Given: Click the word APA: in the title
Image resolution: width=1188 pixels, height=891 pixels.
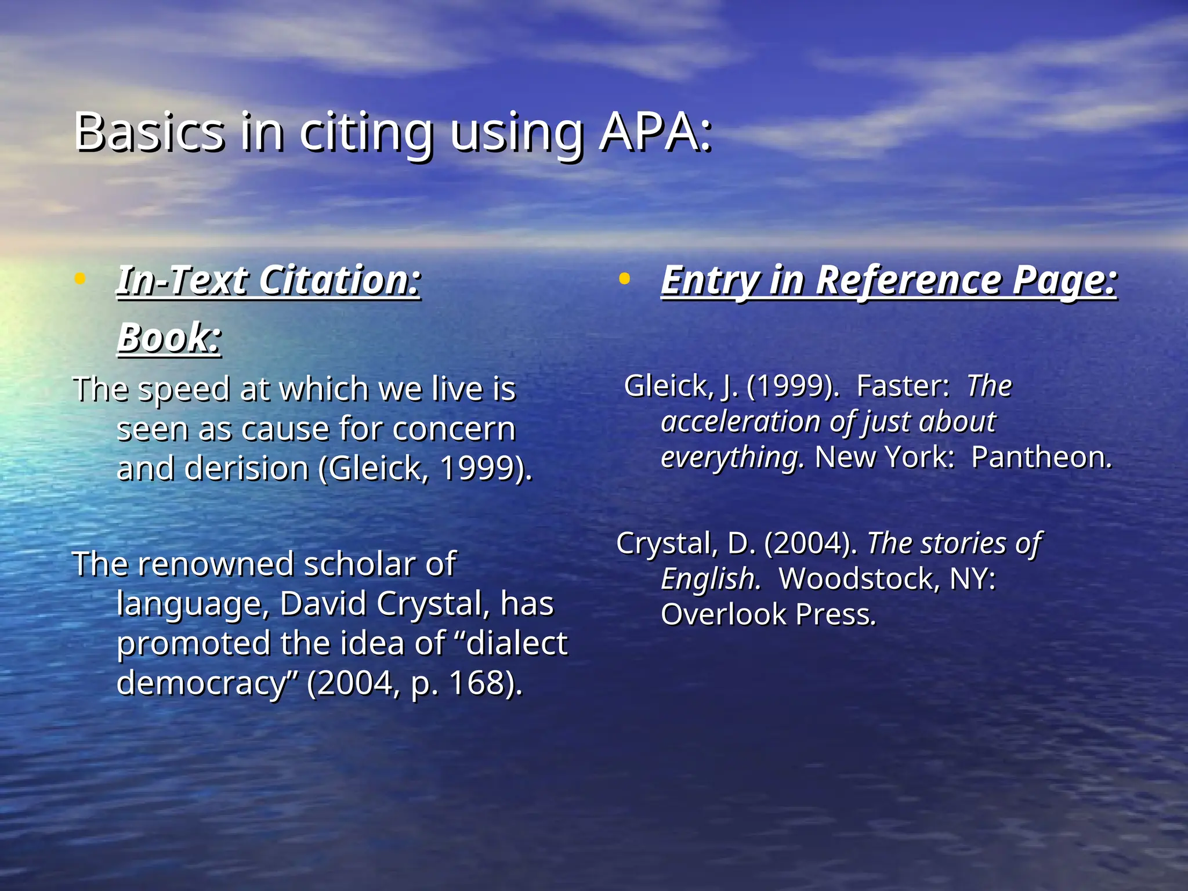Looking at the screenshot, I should pyautogui.click(x=655, y=132).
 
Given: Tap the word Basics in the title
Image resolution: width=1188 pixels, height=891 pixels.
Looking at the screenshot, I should pyautogui.click(x=149, y=132).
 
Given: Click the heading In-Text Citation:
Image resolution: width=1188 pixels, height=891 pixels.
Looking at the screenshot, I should pyautogui.click(x=269, y=281).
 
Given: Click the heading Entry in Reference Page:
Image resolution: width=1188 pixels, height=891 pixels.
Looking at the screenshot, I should pyautogui.click(x=889, y=281).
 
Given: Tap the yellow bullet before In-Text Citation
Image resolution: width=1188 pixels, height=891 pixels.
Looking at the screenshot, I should pyautogui.click(x=80, y=279).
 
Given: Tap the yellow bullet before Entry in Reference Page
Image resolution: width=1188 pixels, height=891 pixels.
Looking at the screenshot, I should pyautogui.click(x=624, y=279).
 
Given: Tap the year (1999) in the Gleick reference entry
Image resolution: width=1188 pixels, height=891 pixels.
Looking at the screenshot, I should pyautogui.click(x=792, y=386).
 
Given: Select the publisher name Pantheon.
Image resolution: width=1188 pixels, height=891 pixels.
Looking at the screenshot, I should pyautogui.click(x=1041, y=458).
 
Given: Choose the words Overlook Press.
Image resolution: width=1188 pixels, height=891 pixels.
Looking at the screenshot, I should pyautogui.click(x=768, y=615).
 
